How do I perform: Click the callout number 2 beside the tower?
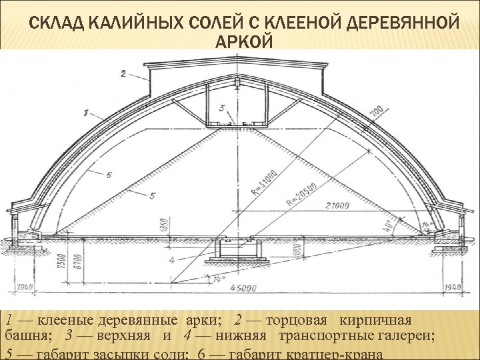point(123,73)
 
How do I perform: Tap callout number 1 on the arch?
point(87,109)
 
